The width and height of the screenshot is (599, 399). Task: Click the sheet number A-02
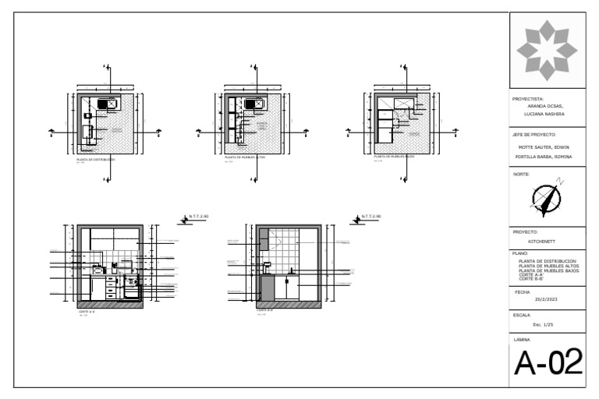[548, 363]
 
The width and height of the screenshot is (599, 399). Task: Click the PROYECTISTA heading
[528, 100]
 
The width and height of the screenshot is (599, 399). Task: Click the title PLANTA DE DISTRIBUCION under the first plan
[94, 159]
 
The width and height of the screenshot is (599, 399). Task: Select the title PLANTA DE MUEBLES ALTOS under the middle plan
[246, 157]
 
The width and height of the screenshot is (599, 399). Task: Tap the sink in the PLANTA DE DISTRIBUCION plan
[108, 103]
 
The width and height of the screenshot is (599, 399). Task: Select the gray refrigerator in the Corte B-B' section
[267, 287]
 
